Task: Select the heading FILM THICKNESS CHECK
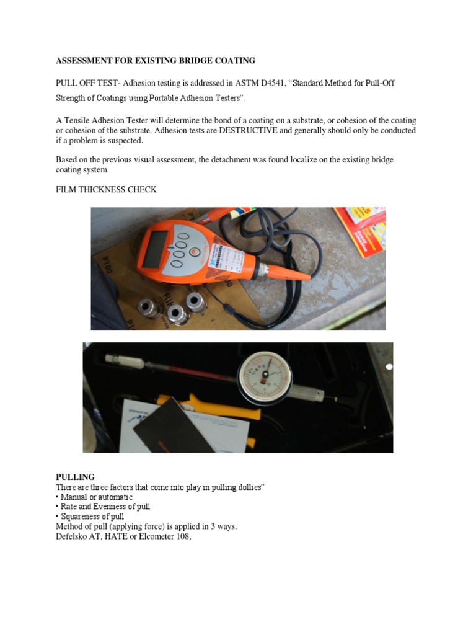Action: point(106,190)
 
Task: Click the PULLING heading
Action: point(75,477)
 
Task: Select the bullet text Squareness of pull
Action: point(92,517)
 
